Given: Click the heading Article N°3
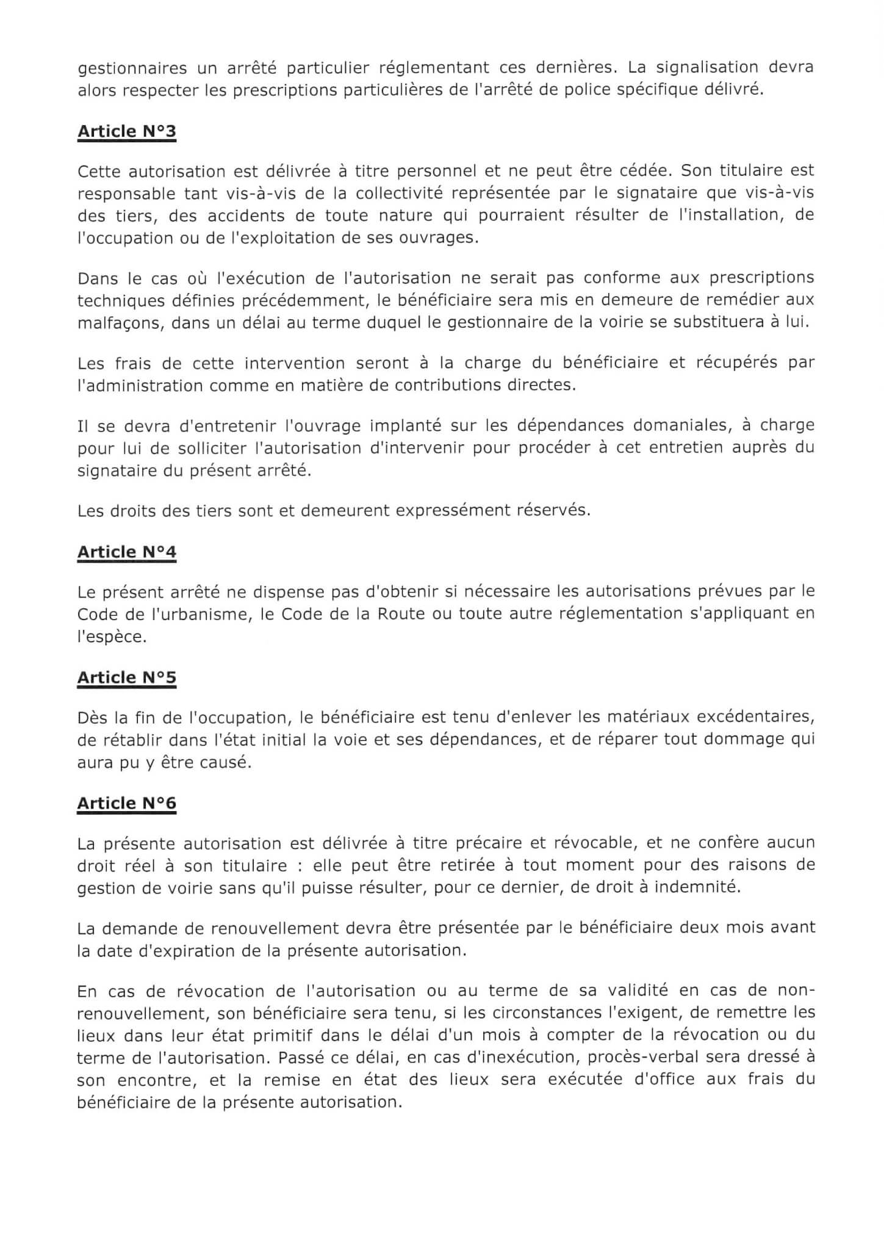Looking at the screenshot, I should (126, 131).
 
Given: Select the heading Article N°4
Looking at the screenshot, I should (126, 552).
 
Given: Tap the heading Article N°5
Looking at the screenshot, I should (126, 677).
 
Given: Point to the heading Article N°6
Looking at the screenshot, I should (126, 803).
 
